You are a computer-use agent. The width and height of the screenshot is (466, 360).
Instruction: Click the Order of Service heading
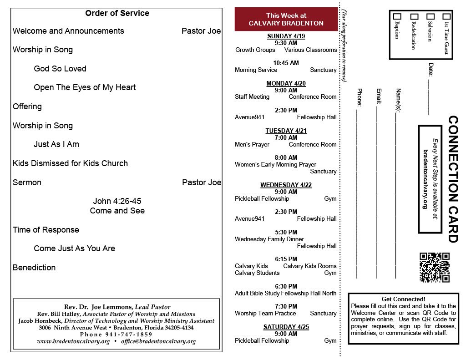pos(117,13)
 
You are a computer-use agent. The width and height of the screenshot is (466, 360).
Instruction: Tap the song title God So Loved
pos(60,69)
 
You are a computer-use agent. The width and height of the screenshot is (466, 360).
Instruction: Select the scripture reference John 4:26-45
pos(117,201)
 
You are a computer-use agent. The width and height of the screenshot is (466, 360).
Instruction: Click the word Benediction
pos(34,268)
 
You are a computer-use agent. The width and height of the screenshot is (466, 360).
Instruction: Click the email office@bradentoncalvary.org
pos(158,341)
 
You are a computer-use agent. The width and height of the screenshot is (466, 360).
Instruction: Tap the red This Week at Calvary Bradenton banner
pos(286,20)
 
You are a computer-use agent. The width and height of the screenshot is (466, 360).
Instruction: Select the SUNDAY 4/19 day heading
pos(286,36)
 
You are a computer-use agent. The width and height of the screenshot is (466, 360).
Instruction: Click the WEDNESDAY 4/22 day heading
pos(286,185)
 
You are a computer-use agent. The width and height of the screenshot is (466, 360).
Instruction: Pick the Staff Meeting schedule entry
pos(252,97)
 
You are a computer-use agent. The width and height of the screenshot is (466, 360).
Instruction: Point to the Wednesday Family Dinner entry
pos(269,239)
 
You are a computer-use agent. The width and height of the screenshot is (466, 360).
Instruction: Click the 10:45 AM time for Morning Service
pos(286,63)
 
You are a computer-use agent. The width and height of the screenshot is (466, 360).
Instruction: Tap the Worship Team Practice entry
pos(265,314)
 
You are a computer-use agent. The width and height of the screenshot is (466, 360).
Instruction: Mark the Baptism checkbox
pos(397,16)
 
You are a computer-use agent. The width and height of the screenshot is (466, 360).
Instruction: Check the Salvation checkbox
pos(430,16)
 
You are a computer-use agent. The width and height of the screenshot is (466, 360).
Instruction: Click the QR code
pos(434,268)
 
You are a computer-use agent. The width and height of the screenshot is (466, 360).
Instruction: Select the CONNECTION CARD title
pos(452,179)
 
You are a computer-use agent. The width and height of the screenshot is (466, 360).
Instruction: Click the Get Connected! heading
pos(404,299)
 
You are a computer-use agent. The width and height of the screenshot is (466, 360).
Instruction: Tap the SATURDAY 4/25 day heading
pos(286,327)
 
